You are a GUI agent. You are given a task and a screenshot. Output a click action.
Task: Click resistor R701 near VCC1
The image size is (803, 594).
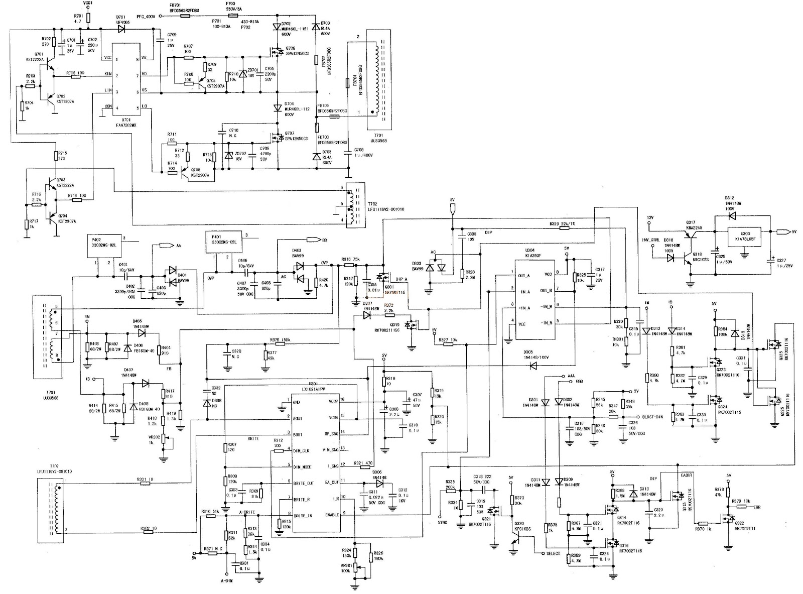[88, 19]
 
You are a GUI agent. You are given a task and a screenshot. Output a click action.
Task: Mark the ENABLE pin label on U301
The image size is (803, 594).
[332, 514]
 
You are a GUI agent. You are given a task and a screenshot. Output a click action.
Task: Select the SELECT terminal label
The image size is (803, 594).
[553, 553]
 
